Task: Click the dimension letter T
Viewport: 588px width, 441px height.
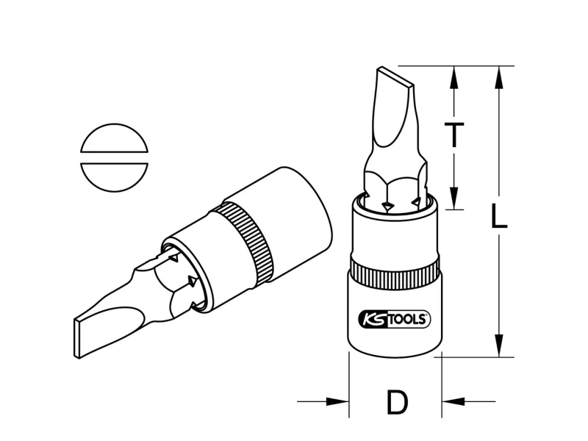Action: point(454,135)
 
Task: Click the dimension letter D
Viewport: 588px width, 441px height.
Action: point(397,402)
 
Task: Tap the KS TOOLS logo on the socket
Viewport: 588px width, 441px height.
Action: point(395,319)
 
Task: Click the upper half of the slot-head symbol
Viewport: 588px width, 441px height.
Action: point(115,138)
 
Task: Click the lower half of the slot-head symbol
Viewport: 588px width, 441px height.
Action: point(115,177)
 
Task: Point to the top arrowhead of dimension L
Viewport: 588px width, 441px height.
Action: point(498,78)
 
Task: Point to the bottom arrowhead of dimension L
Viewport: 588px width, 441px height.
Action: point(498,345)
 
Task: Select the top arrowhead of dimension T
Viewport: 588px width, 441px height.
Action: point(454,78)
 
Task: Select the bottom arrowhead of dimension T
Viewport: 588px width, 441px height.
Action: point(454,198)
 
